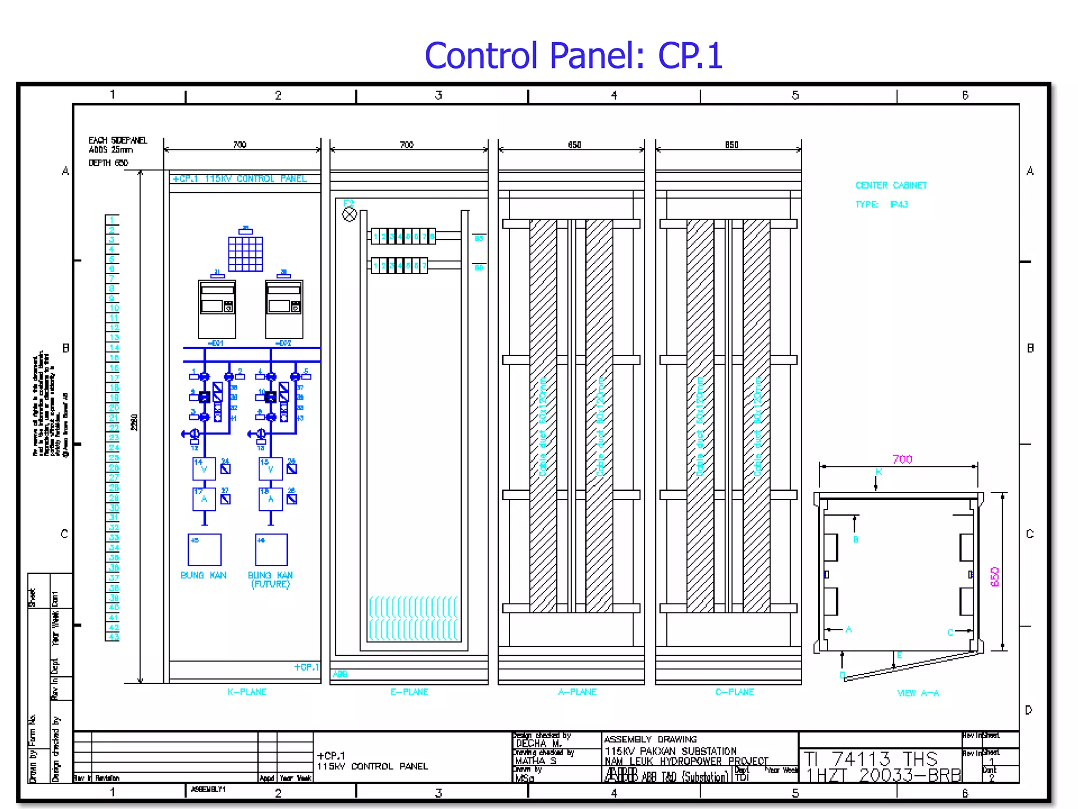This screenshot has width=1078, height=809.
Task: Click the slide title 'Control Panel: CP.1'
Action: [573, 56]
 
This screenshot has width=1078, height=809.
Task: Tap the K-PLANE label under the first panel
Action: [247, 692]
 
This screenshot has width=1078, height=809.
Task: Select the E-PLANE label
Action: [409, 692]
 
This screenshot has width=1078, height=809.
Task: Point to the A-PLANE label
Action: [577, 692]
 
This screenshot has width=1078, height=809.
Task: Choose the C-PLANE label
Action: [734, 692]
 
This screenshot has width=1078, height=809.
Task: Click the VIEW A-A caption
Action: [918, 693]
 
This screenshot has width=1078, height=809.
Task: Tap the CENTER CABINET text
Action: [891, 185]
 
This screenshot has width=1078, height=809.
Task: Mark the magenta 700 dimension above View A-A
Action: [902, 459]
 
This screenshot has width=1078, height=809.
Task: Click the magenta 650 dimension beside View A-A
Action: [994, 577]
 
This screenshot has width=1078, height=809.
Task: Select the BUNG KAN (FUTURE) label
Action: [270, 579]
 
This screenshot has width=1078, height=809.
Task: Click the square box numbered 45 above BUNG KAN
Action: [204, 550]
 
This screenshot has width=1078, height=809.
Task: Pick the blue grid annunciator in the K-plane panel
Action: [245, 254]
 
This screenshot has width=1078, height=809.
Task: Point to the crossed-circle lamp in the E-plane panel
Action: [350, 214]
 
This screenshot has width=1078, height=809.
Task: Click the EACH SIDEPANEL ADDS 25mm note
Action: [117, 145]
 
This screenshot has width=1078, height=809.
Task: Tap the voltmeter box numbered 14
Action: [204, 469]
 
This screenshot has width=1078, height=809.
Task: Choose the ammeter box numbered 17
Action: [204, 499]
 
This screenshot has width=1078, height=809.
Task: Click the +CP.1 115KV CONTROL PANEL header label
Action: [239, 179]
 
